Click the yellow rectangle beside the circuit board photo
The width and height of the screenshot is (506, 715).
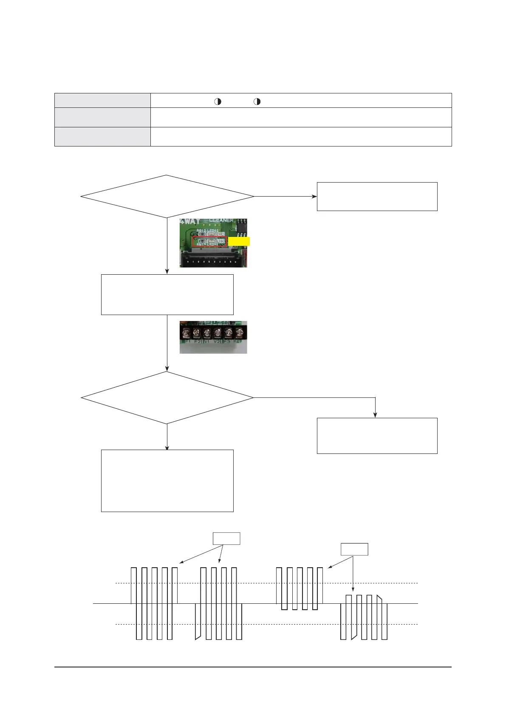click(x=239, y=242)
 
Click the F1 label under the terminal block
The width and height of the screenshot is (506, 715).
click(x=188, y=341)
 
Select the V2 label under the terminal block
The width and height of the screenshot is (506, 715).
click(x=217, y=341)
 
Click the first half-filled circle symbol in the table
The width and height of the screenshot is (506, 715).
click(x=218, y=101)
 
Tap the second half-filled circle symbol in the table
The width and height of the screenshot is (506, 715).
click(x=257, y=101)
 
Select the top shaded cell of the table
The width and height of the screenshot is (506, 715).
click(x=102, y=100)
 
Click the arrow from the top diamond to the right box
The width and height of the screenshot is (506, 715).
click(x=285, y=196)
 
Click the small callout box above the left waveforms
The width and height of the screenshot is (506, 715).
click(x=226, y=538)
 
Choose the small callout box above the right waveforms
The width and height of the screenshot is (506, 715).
click(x=354, y=549)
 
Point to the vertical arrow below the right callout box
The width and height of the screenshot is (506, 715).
click(x=353, y=573)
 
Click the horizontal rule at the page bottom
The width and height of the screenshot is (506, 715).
click(x=253, y=667)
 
